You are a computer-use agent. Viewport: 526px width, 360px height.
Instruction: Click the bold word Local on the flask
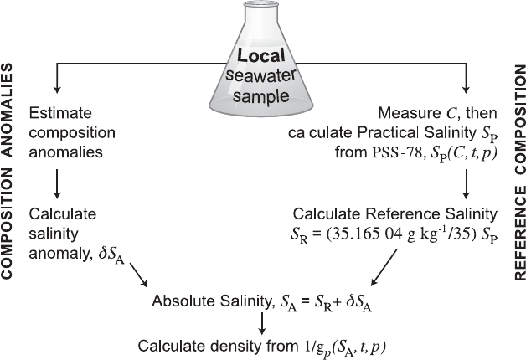pos(261,58)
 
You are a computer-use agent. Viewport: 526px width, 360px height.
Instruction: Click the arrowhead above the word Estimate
pos(56,87)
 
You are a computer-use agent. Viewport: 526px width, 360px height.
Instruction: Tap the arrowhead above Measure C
pos(467,87)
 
